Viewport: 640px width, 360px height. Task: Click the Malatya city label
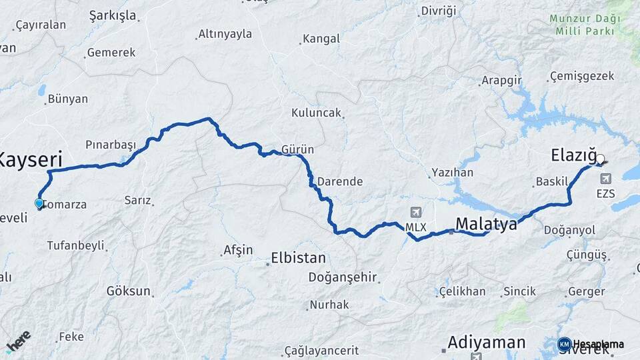[x=486, y=224]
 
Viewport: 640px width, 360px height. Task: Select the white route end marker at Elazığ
[x=600, y=159]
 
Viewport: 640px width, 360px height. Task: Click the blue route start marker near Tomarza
[x=39, y=204]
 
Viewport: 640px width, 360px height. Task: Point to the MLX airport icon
[x=417, y=213]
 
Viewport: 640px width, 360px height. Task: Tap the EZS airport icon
[x=606, y=179]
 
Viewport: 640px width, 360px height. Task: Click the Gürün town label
[x=297, y=149]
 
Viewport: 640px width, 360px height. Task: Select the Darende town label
[x=339, y=181]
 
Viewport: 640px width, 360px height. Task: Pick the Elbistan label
[x=298, y=258]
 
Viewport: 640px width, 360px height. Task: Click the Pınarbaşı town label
[x=111, y=145]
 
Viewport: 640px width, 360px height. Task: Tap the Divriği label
[x=439, y=11]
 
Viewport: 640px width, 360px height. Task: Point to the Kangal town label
[x=321, y=39]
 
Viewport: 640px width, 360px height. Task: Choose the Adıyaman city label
[x=487, y=342]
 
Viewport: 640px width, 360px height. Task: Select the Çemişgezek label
[x=582, y=76]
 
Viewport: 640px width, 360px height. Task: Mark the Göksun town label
[x=129, y=291]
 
